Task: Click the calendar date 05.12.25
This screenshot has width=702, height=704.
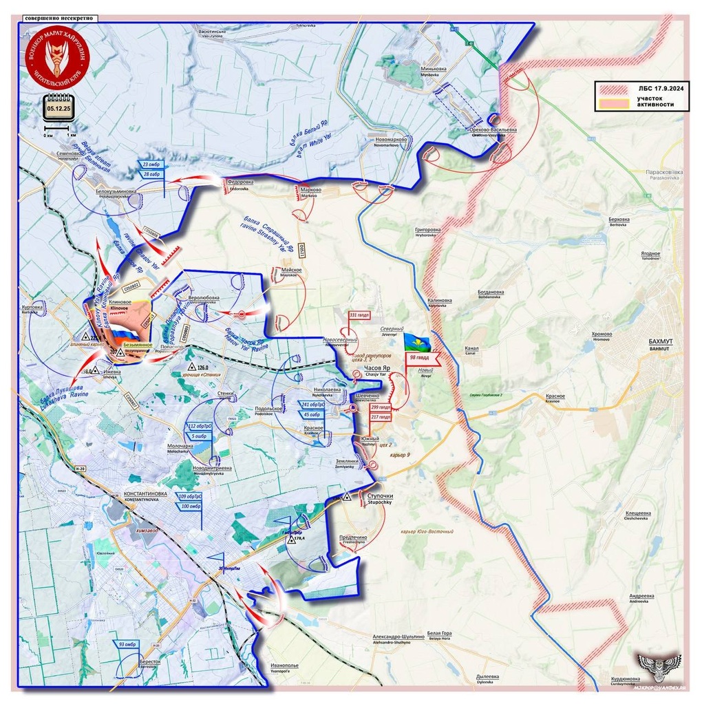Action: (58, 107)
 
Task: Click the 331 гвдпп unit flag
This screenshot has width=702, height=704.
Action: (360, 315)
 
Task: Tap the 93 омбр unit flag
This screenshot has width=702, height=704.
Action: (127, 644)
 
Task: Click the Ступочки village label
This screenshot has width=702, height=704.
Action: (380, 496)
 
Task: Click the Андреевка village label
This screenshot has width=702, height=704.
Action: (641, 596)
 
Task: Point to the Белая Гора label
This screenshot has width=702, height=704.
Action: (439, 633)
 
